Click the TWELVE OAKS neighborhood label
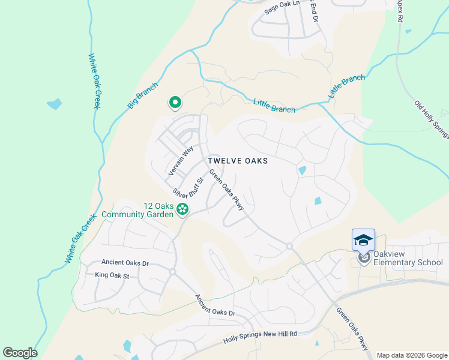(237, 161)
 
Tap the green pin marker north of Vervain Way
(175, 103)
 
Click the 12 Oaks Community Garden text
(137, 209)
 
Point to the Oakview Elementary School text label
(408, 262)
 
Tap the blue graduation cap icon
(363, 240)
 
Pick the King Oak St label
(112, 275)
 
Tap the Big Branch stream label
(142, 95)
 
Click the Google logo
(20, 353)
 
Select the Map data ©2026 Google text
(411, 355)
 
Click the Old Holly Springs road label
(431, 121)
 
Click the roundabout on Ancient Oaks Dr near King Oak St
(172, 272)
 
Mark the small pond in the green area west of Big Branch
(54, 104)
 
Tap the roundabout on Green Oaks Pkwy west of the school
(289, 246)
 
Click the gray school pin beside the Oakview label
(363, 258)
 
